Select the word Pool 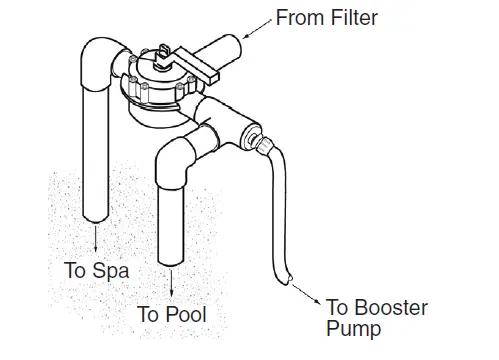[x=186, y=315]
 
